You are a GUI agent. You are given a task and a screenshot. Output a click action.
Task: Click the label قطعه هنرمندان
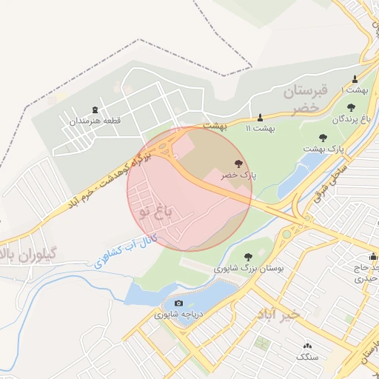pyautogui.click(x=95, y=121)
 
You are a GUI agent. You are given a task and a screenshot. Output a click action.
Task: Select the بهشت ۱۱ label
pyautogui.click(x=260, y=128)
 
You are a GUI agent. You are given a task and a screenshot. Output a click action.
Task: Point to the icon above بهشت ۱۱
pyautogui.click(x=260, y=117)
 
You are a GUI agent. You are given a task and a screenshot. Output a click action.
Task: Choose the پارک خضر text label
pyautogui.click(x=238, y=175)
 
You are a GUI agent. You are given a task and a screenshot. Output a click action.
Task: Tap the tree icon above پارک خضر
pyautogui.click(x=238, y=164)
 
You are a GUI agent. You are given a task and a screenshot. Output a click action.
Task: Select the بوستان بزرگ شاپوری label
pyautogui.click(x=246, y=268)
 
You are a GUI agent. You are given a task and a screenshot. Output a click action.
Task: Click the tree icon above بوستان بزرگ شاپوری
pyautogui.click(x=246, y=256)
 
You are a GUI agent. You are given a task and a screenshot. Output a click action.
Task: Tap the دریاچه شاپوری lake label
pyautogui.click(x=178, y=315)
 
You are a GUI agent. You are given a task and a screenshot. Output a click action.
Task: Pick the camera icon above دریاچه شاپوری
pyautogui.click(x=178, y=303)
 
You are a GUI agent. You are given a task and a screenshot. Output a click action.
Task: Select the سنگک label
pyautogui.click(x=307, y=357)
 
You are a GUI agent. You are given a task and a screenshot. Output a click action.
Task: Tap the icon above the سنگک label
pyautogui.click(x=307, y=346)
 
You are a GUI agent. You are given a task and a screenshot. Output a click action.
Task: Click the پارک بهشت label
pyautogui.click(x=323, y=149)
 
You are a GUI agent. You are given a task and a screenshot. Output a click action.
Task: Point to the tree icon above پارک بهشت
pyautogui.click(x=323, y=137)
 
